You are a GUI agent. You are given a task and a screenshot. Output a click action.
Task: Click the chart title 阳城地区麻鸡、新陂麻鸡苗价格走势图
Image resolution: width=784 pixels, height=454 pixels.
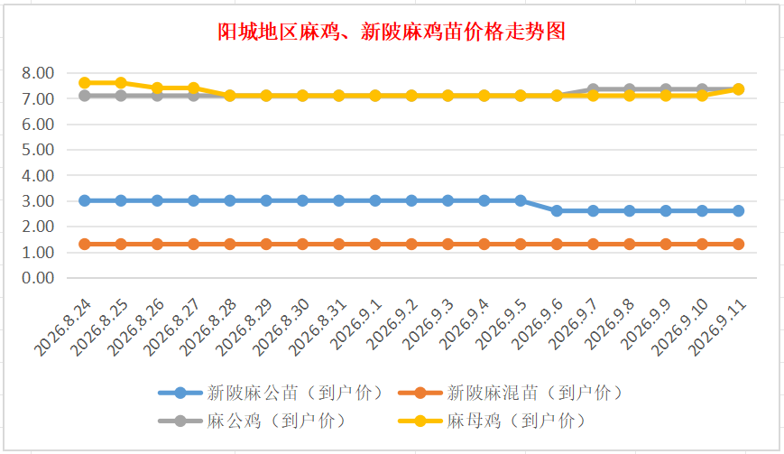392,32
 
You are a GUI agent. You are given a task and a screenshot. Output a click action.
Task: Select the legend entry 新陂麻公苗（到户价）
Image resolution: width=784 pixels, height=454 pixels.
271,393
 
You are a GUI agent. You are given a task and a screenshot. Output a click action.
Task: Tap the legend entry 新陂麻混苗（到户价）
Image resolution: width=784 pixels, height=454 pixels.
510,393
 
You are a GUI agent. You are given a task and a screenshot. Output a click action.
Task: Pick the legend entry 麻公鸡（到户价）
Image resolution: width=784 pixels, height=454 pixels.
252,421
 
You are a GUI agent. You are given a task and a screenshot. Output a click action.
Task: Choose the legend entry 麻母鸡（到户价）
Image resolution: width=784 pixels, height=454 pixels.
492,421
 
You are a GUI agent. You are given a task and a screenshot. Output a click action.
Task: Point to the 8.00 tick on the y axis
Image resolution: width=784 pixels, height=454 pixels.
38,73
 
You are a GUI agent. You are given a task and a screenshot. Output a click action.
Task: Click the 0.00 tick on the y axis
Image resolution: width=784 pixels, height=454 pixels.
38,278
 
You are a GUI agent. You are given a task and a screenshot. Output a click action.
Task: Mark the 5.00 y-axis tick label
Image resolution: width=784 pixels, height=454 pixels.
38,150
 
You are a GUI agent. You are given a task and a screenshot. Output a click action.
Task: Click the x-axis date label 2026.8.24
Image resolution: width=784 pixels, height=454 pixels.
63,327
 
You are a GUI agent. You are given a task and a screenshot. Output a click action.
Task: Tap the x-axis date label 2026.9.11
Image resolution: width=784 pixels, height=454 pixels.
717,327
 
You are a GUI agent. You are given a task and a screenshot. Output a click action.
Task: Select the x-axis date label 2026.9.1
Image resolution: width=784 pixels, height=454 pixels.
356,325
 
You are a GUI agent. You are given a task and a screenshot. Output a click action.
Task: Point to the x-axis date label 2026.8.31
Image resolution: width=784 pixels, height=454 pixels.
318,327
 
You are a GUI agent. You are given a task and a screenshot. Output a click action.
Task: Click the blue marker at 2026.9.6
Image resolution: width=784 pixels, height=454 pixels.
557,211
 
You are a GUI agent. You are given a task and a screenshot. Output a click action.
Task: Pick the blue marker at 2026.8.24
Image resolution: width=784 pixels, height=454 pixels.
85,200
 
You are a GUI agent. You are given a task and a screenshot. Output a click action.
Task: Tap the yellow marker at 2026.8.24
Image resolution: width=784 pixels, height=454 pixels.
85,82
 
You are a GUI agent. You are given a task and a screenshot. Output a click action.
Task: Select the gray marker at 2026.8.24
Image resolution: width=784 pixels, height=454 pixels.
85,96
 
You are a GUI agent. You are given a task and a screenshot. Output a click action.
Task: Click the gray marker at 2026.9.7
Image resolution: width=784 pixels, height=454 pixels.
593,89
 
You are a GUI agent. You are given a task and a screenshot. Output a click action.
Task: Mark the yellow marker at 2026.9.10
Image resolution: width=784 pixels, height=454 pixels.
702,96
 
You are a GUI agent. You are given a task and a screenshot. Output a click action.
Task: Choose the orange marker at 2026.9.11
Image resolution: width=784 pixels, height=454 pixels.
739,244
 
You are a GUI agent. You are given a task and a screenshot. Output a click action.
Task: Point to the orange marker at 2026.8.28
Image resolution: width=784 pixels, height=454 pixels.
230,244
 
